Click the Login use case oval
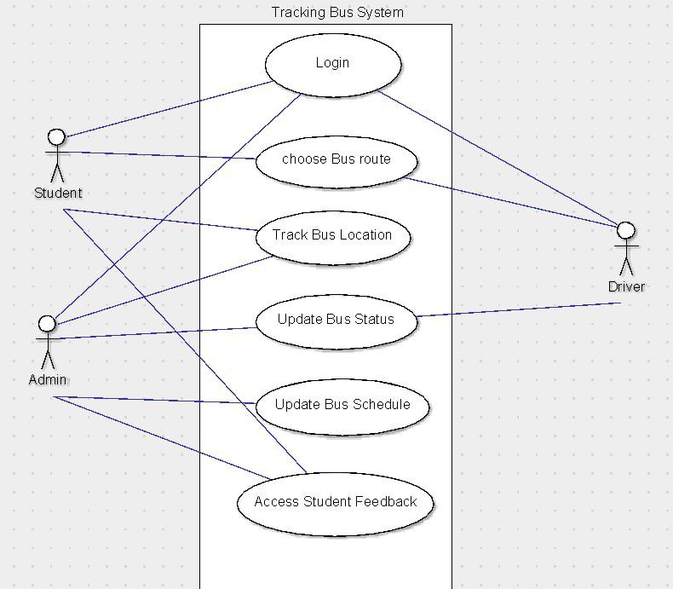pyautogui.click(x=332, y=63)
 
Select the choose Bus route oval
pyautogui.click(x=336, y=159)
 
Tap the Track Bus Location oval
pyautogui.click(x=332, y=235)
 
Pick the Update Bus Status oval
pyautogui.click(x=336, y=320)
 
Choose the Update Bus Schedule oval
pyautogui.click(x=342, y=405)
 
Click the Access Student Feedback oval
pyautogui.click(x=335, y=502)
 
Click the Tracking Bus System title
pyautogui.click(x=337, y=13)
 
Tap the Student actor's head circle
pyautogui.click(x=56, y=136)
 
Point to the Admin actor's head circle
pyautogui.click(x=48, y=324)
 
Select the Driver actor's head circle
pyautogui.click(x=626, y=230)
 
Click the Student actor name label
pyautogui.click(x=58, y=193)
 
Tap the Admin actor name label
pyautogui.click(x=48, y=379)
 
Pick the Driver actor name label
pyautogui.click(x=626, y=286)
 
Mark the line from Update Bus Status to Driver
pyautogui.click(x=520, y=309)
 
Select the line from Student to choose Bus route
pyautogui.click(x=162, y=155)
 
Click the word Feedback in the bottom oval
pyautogui.click(x=388, y=502)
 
